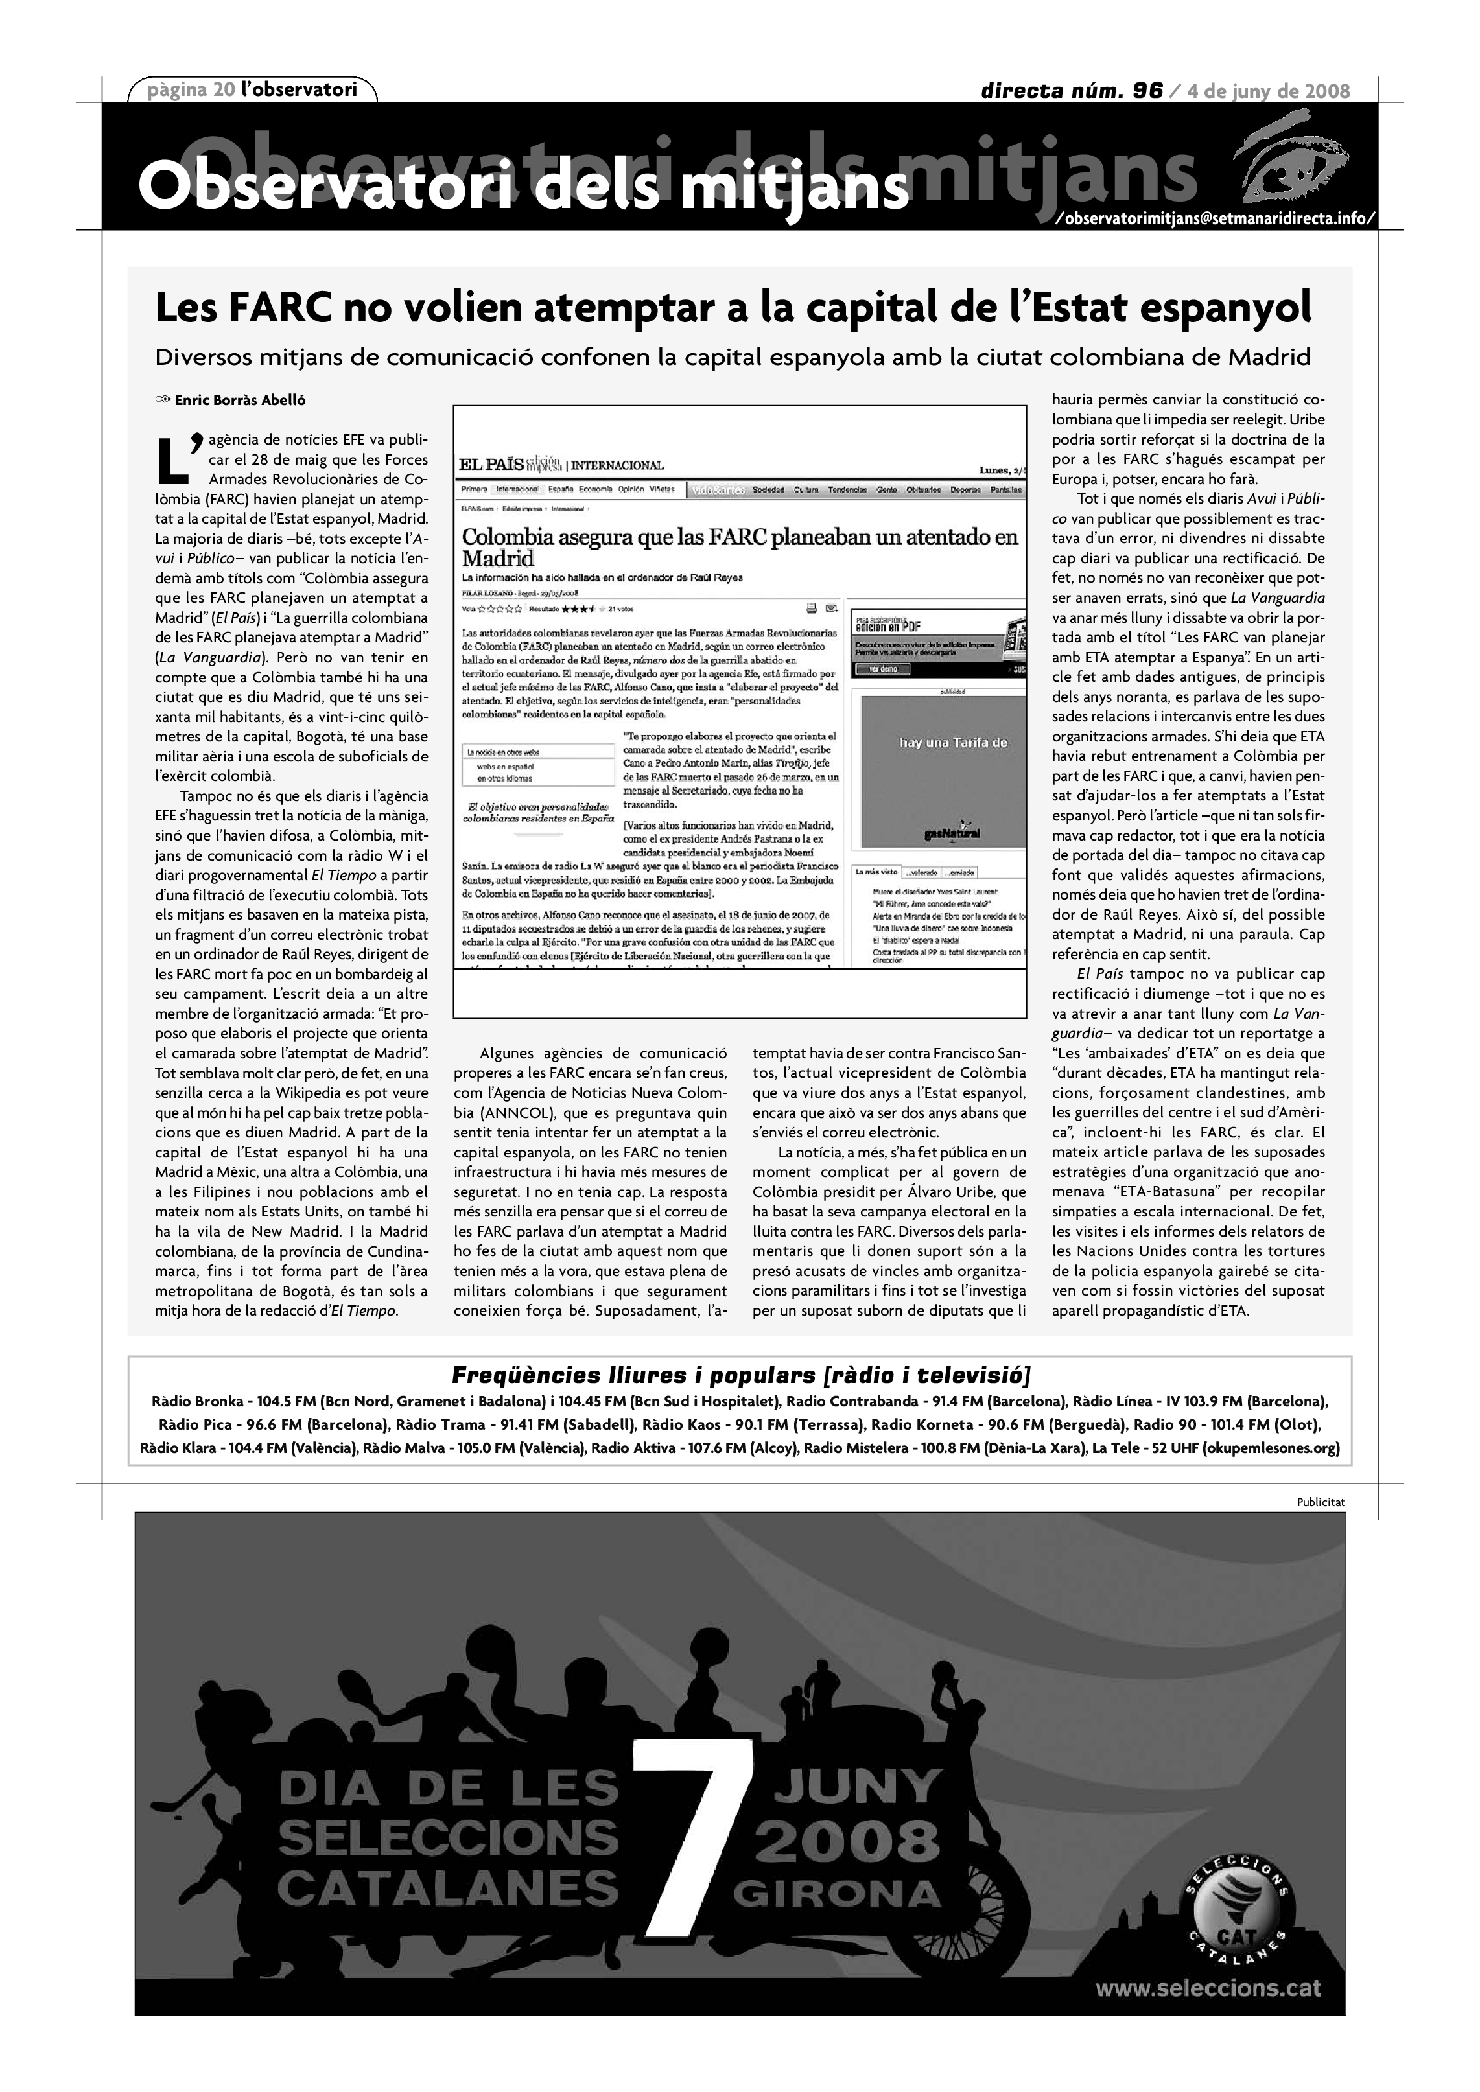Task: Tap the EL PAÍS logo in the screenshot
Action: [491, 465]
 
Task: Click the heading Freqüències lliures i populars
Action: [740, 1375]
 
